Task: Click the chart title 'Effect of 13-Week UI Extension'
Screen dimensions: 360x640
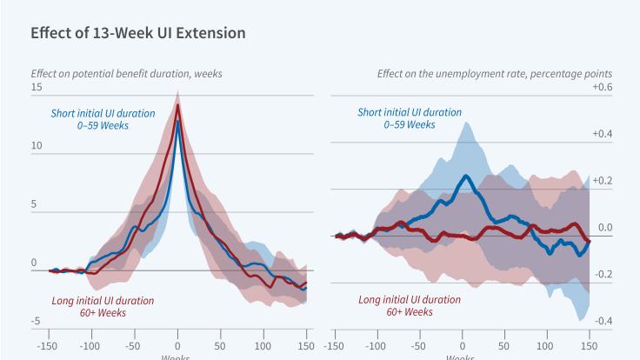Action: click(x=138, y=33)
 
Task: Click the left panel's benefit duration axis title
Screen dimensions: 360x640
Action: click(x=126, y=74)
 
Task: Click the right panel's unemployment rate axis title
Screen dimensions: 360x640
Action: click(x=495, y=74)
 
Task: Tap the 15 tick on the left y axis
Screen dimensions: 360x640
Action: click(x=36, y=88)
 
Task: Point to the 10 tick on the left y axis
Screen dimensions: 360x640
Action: click(x=36, y=146)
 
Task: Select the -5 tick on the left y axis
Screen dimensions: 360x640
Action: click(x=36, y=322)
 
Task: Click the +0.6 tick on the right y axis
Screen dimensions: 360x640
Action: click(x=602, y=88)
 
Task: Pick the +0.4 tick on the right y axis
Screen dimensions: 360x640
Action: click(x=602, y=135)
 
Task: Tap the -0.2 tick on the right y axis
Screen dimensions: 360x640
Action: click(x=603, y=275)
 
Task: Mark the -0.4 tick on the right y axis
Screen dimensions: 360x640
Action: click(x=603, y=322)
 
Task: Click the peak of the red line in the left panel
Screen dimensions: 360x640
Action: click(x=177, y=106)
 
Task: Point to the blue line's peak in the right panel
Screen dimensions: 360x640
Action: click(x=466, y=177)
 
